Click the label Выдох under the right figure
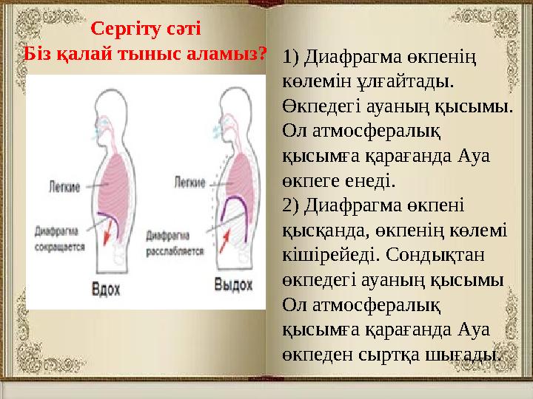pos(233,284)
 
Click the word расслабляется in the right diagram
pos(175,251)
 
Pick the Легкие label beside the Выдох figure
pos(188,180)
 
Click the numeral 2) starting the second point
pos(292,203)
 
